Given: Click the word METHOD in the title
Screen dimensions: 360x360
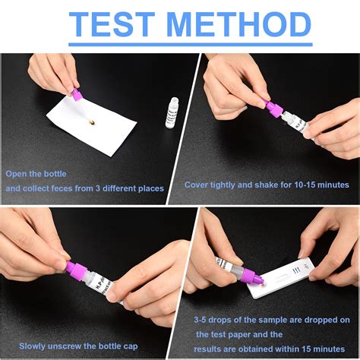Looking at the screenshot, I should click(242, 25).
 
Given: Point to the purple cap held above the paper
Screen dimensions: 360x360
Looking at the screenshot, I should click(76, 96).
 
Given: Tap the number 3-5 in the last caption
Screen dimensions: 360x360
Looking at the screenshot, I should click(203, 321).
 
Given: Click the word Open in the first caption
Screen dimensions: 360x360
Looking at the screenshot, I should click(17, 173).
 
